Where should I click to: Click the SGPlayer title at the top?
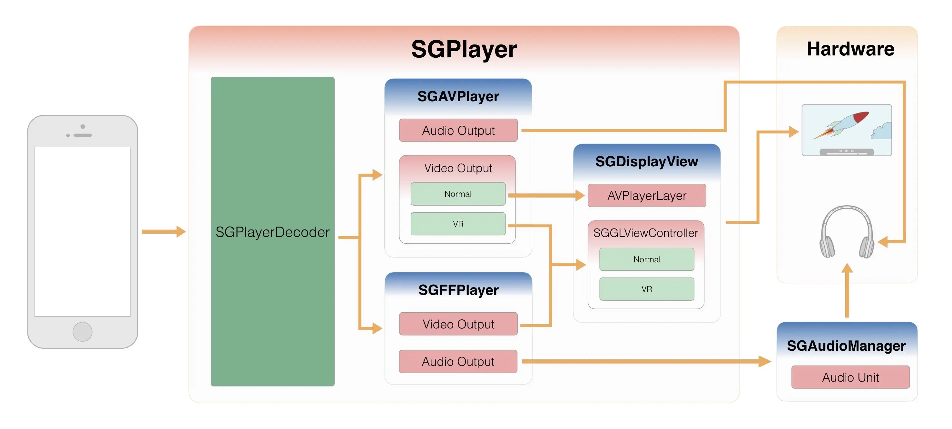[464, 49]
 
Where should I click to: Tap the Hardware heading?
[850, 49]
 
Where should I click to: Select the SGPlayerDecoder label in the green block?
[272, 232]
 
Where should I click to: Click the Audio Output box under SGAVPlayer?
[458, 131]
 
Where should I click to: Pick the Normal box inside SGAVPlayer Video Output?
[458, 194]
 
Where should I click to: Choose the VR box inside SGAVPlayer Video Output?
[458, 224]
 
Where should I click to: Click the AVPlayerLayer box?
[646, 195]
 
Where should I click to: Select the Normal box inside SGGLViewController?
[646, 259]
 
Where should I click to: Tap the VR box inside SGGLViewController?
[646, 289]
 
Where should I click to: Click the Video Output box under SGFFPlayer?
[458, 324]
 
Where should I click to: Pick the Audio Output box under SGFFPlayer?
[458, 361]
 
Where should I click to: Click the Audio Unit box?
[850, 377]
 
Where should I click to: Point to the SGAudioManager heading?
[846, 346]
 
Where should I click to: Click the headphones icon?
[846, 233]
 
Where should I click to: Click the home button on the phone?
[83, 331]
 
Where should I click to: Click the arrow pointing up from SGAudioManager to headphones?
[847, 290]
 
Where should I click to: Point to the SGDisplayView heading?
[646, 161]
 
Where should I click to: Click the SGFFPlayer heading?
[458, 290]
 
